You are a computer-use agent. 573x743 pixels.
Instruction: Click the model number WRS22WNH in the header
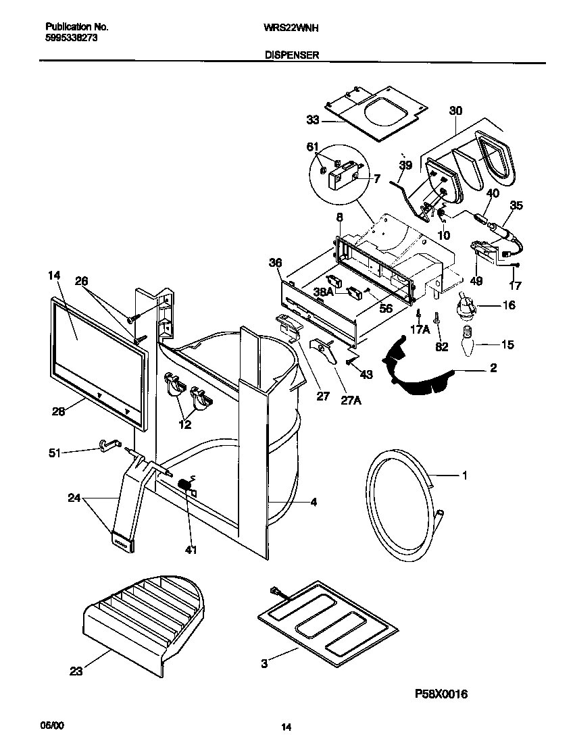(296, 28)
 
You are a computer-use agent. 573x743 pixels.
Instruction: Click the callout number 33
(312, 120)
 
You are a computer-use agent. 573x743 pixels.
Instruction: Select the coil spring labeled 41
(184, 485)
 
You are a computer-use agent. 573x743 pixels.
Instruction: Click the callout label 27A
(351, 400)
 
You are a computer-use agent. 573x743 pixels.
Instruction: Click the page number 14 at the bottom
(286, 727)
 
